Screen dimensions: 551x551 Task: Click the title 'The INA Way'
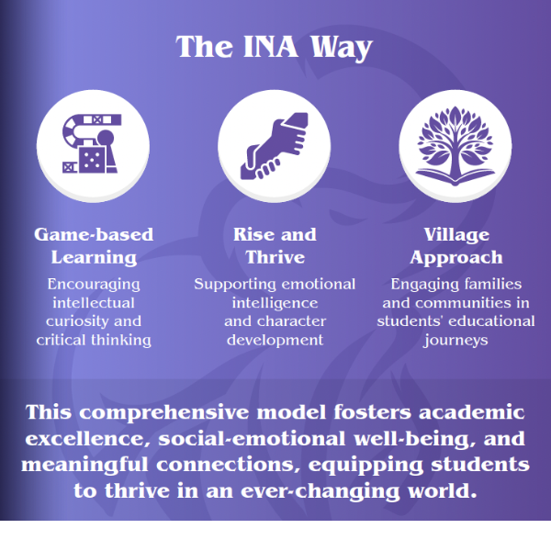coord(275,47)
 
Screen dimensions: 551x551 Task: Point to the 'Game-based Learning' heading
coord(94,245)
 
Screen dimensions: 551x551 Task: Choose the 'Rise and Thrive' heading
coord(275,245)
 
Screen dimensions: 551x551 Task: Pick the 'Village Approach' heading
coord(455,245)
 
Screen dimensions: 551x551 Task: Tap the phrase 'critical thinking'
coord(94,340)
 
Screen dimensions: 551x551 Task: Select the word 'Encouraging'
coord(94,284)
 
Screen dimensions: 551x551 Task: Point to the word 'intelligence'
coord(275,302)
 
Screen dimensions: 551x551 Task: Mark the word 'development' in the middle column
coord(275,340)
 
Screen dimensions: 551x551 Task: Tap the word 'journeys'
coord(455,340)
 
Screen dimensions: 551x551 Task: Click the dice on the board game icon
coord(91,162)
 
